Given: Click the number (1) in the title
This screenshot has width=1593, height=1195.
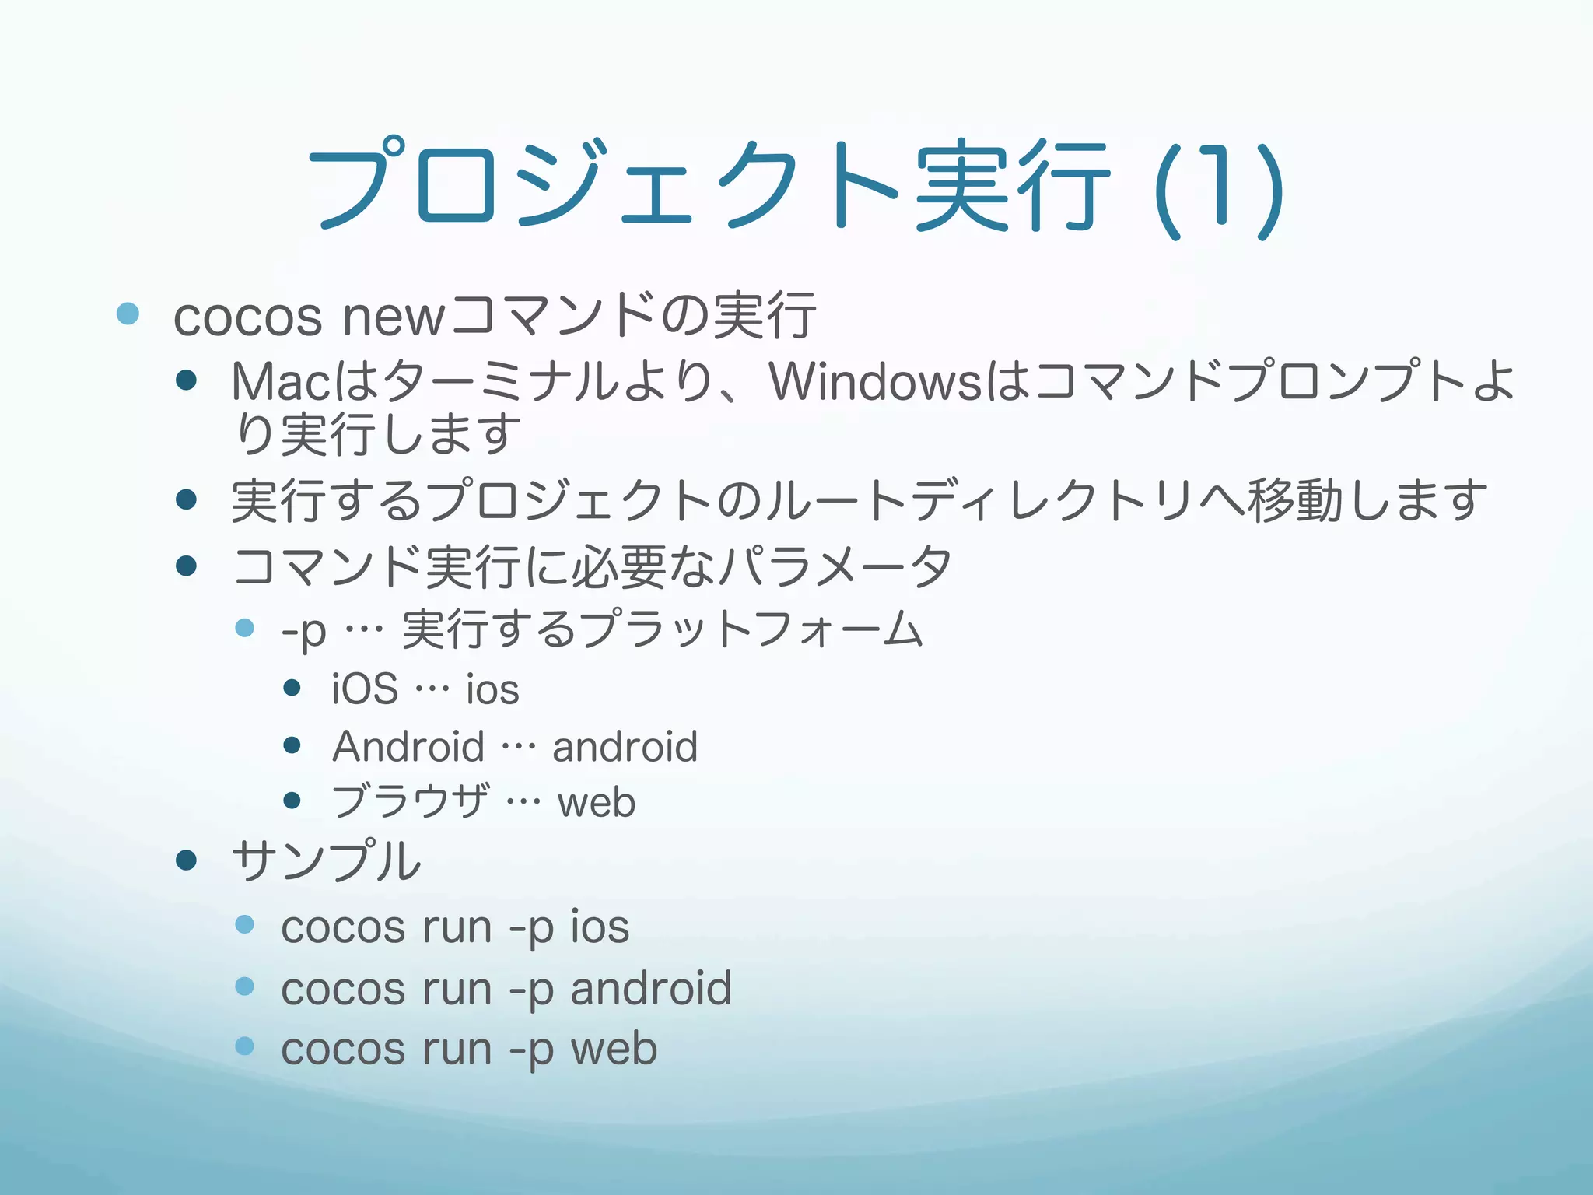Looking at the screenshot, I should [x=1219, y=191].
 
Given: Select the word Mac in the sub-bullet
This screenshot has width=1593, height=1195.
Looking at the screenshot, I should [x=283, y=382].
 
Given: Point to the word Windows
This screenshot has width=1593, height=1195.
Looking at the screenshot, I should [x=875, y=382].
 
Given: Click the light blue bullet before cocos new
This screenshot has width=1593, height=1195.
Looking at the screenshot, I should [x=128, y=314].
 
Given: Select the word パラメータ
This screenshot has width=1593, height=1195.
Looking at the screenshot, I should [x=835, y=566].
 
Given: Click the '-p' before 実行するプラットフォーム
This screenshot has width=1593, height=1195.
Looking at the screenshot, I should [x=304, y=631].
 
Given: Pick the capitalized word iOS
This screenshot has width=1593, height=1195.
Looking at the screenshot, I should [x=365, y=689].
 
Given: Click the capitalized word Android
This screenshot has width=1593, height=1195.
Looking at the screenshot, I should [x=408, y=747].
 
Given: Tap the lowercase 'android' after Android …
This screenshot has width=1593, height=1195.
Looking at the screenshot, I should [x=625, y=747].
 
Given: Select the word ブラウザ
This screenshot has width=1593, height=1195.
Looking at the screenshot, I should [x=410, y=802].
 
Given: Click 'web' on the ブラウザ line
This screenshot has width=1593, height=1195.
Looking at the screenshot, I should [x=597, y=802].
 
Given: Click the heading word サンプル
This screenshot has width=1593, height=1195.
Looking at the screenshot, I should [x=327, y=861].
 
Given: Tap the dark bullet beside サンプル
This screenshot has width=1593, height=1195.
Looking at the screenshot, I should [x=186, y=860].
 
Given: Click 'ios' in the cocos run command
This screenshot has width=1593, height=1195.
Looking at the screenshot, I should [x=600, y=927].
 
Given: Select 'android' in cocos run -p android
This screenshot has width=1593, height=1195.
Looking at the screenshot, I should [x=651, y=988].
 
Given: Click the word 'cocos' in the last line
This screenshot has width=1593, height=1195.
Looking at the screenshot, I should [x=343, y=1049].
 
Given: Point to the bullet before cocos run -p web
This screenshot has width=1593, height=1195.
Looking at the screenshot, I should [x=244, y=1046].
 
